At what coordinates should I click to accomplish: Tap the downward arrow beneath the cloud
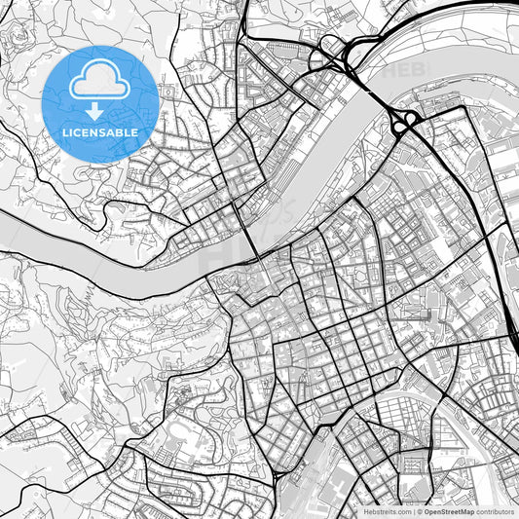coord(100,114)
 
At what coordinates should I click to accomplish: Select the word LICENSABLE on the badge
coord(101,132)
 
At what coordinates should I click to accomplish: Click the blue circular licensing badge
coord(100,104)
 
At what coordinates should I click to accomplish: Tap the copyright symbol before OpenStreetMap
coord(420,510)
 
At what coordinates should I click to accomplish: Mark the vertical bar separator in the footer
coord(413,510)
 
